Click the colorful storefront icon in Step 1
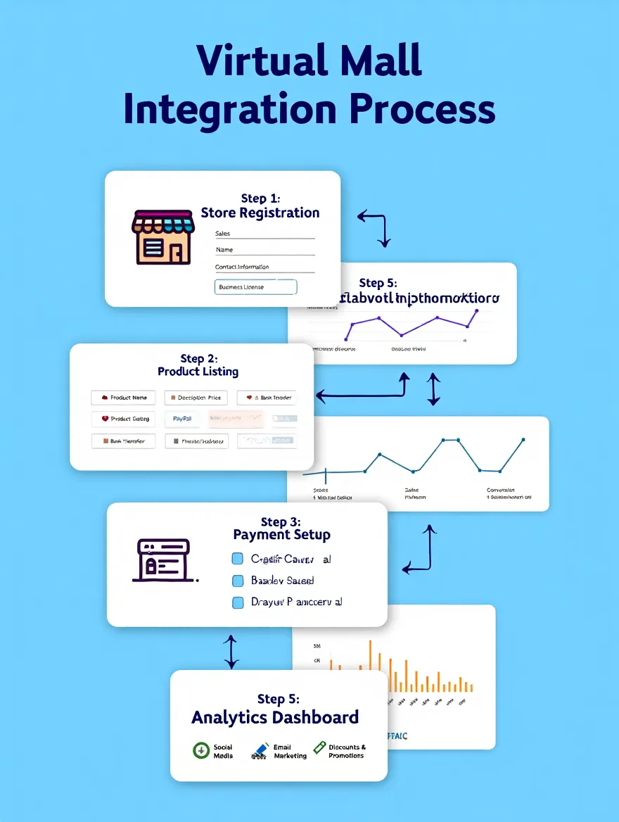point(162,236)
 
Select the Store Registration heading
point(260,213)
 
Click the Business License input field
point(255,286)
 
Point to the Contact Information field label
point(242,267)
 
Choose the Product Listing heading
point(198,371)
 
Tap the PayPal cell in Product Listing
point(182,419)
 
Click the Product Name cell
point(123,398)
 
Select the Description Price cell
point(196,398)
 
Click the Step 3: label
point(280,521)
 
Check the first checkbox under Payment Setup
point(238,559)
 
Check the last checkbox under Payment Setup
point(238,602)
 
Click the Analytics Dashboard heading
point(275,717)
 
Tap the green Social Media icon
point(201,751)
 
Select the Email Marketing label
point(290,752)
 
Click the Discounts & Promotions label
point(347,752)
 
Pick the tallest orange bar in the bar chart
point(370,666)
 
